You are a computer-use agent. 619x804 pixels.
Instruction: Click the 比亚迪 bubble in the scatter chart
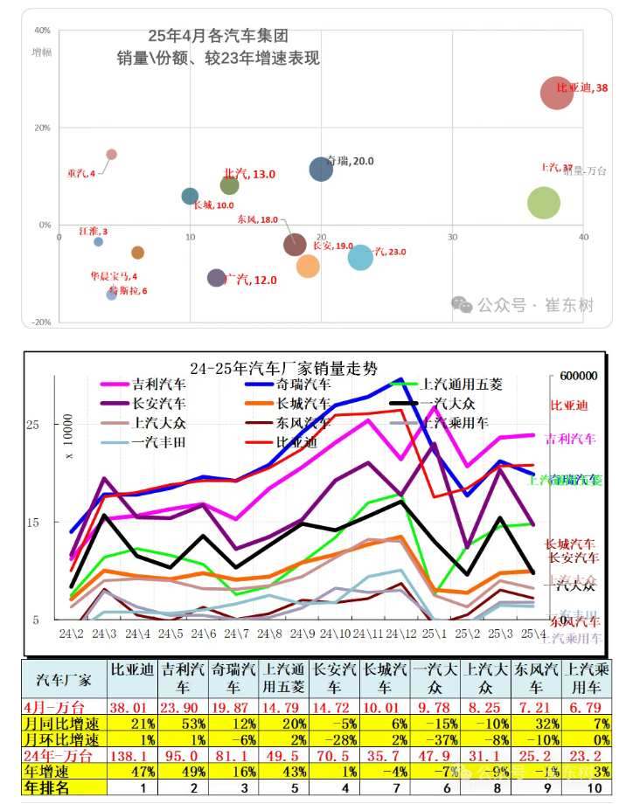tap(557, 93)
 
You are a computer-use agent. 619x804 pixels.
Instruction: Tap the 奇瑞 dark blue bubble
tap(322, 170)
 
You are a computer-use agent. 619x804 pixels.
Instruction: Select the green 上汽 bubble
tap(544, 204)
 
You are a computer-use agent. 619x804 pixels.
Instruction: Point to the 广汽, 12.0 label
tap(250, 280)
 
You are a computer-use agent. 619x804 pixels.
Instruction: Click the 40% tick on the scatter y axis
tap(41, 30)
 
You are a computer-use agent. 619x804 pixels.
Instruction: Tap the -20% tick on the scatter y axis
tap(41, 322)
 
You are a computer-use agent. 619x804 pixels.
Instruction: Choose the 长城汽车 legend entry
tap(303, 403)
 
